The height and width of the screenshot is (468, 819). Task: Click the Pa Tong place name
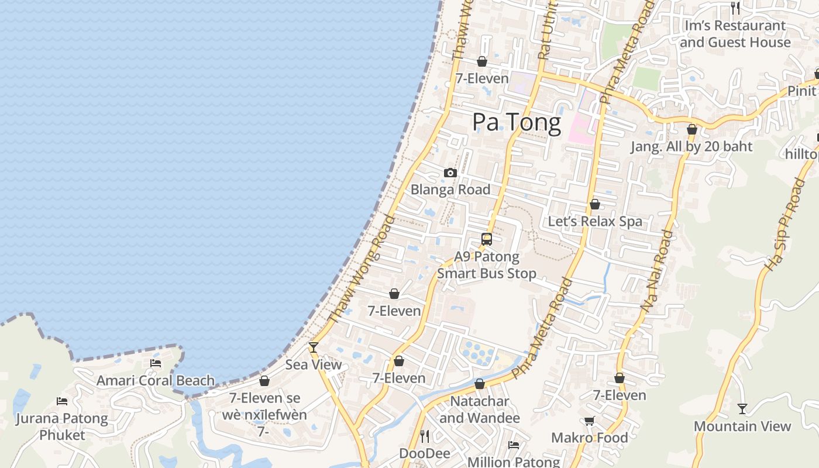517,122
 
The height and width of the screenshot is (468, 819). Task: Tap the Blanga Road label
450,190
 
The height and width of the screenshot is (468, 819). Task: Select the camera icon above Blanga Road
450,173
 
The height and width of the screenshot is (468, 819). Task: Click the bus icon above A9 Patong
487,239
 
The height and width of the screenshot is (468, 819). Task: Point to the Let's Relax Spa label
595,221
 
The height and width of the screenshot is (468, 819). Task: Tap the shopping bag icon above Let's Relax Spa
595,204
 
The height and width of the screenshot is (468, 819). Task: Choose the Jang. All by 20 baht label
691,146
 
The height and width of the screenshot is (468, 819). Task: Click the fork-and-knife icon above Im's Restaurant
735,8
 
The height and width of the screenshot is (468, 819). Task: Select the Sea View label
314,364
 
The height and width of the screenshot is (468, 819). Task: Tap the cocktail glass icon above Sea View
314,347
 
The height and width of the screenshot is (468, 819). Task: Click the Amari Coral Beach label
156,381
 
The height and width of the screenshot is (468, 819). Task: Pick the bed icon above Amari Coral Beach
156,363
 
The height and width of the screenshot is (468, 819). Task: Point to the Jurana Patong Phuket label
62,426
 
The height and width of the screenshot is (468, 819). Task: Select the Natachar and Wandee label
480,409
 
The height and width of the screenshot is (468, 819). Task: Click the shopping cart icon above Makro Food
590,421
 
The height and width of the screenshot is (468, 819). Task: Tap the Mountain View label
742,426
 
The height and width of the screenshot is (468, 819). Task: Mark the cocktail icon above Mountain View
742,408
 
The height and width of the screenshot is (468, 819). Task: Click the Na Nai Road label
658,270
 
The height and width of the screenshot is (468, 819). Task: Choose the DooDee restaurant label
425,453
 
